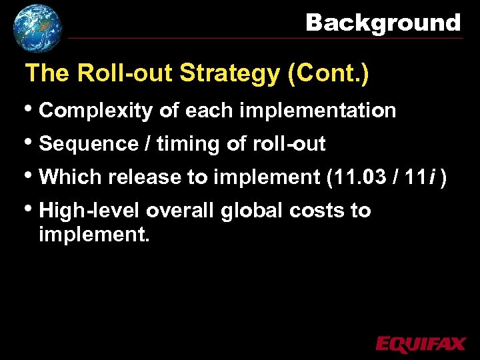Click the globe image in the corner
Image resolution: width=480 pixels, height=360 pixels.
click(x=37, y=28)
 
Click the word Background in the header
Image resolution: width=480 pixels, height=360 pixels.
click(x=383, y=23)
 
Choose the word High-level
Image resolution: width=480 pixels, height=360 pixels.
click(x=90, y=211)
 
